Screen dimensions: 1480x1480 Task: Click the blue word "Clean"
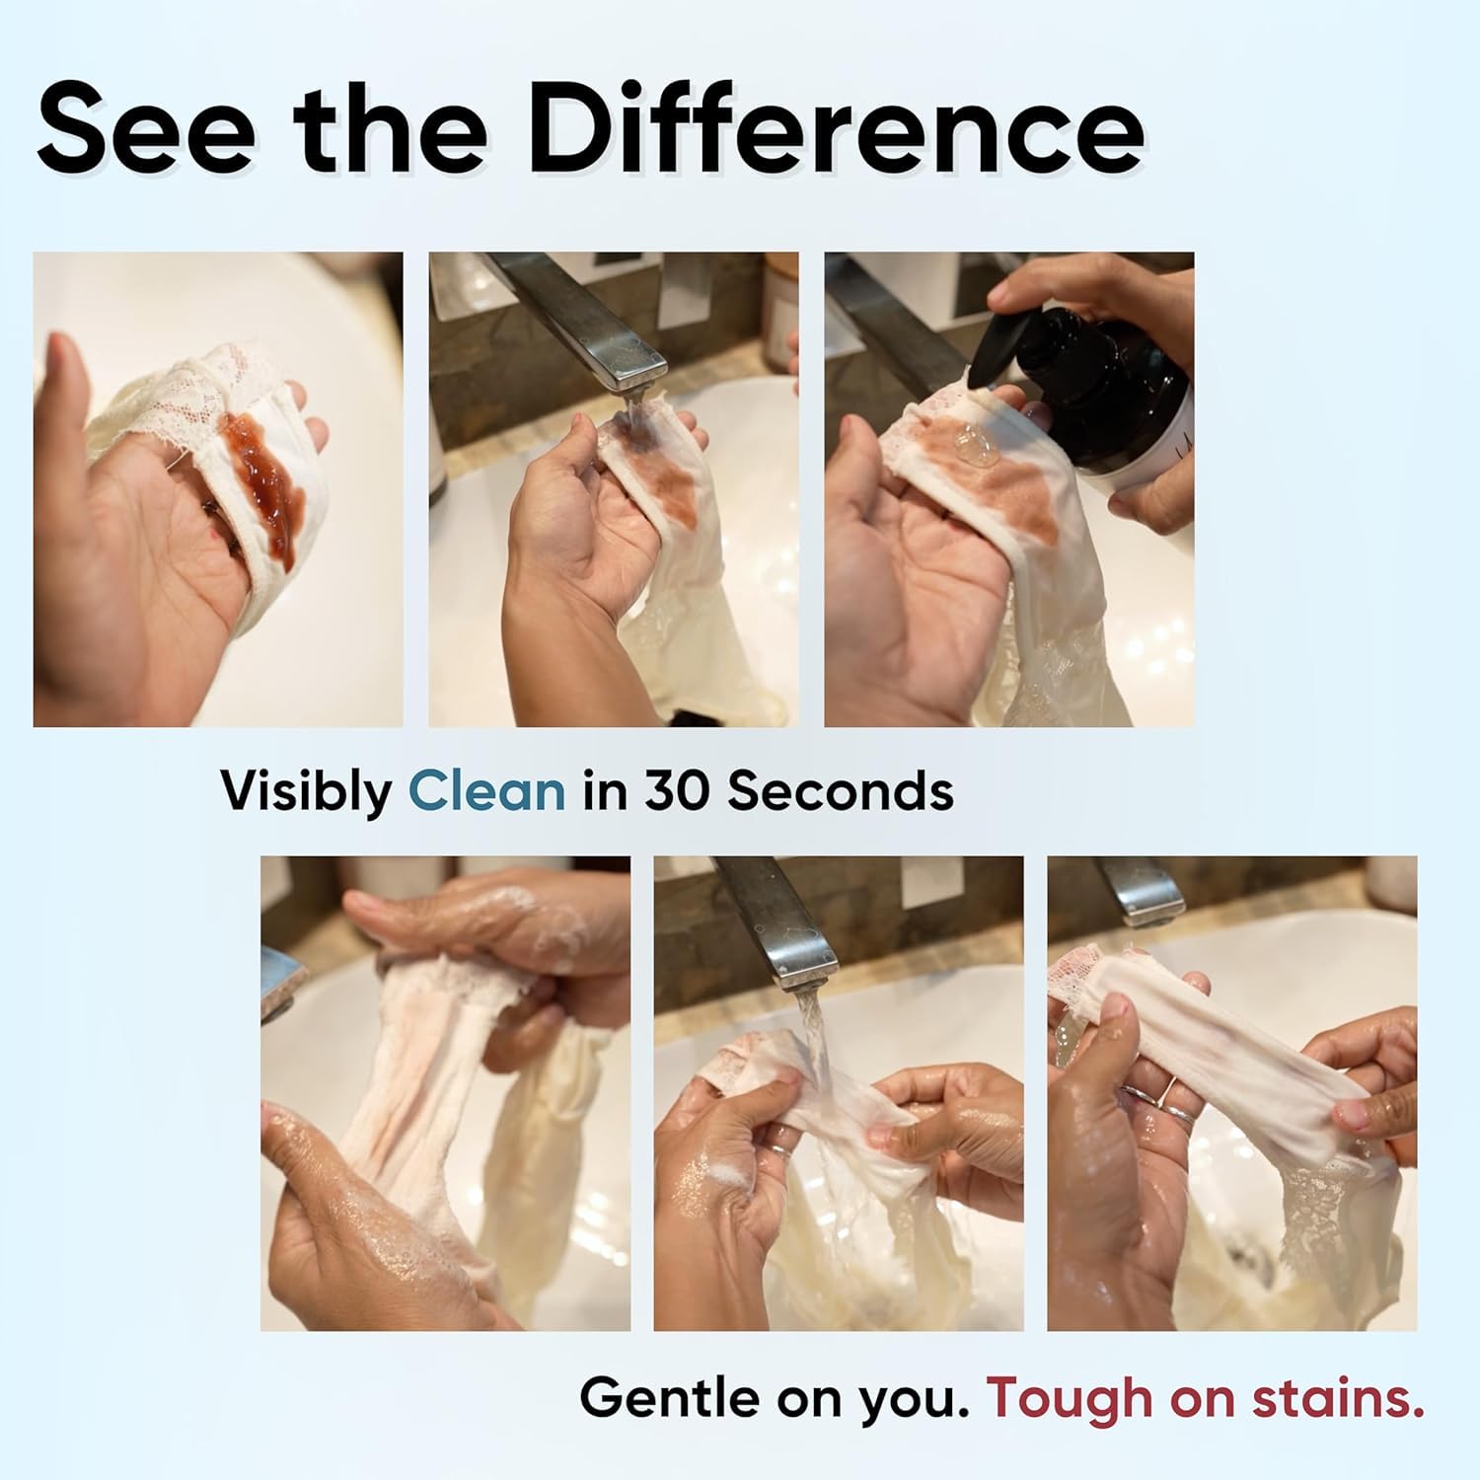pos(487,790)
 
